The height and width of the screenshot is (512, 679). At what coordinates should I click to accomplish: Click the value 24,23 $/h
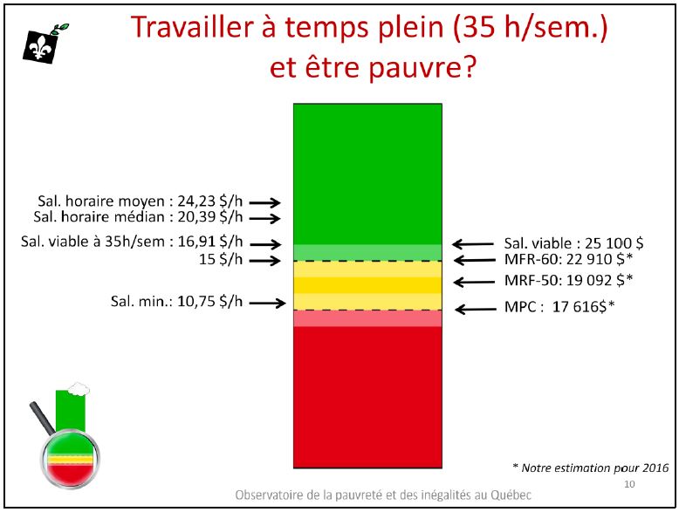(210, 201)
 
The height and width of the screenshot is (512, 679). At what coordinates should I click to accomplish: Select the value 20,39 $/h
(210, 217)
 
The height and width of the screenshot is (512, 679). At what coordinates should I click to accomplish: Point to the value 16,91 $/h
(210, 242)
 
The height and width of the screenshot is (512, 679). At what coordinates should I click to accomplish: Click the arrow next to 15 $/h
(264, 261)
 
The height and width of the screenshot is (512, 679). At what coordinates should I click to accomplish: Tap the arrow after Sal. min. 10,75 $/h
(267, 303)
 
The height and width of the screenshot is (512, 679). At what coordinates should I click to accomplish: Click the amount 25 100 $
(614, 243)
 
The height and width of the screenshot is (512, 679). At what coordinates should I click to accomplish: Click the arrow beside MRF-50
(474, 283)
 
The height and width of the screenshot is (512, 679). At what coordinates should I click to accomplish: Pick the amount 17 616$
(579, 307)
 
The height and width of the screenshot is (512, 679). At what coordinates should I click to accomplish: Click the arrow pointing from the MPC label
(476, 309)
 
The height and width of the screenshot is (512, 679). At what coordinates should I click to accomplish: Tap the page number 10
(629, 484)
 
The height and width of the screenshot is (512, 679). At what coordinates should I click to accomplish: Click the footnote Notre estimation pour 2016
(595, 468)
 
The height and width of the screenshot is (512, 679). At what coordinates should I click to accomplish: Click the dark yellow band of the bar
(367, 285)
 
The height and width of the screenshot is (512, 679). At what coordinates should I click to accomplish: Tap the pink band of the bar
(367, 318)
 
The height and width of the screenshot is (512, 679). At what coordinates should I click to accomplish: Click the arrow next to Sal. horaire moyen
(264, 202)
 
